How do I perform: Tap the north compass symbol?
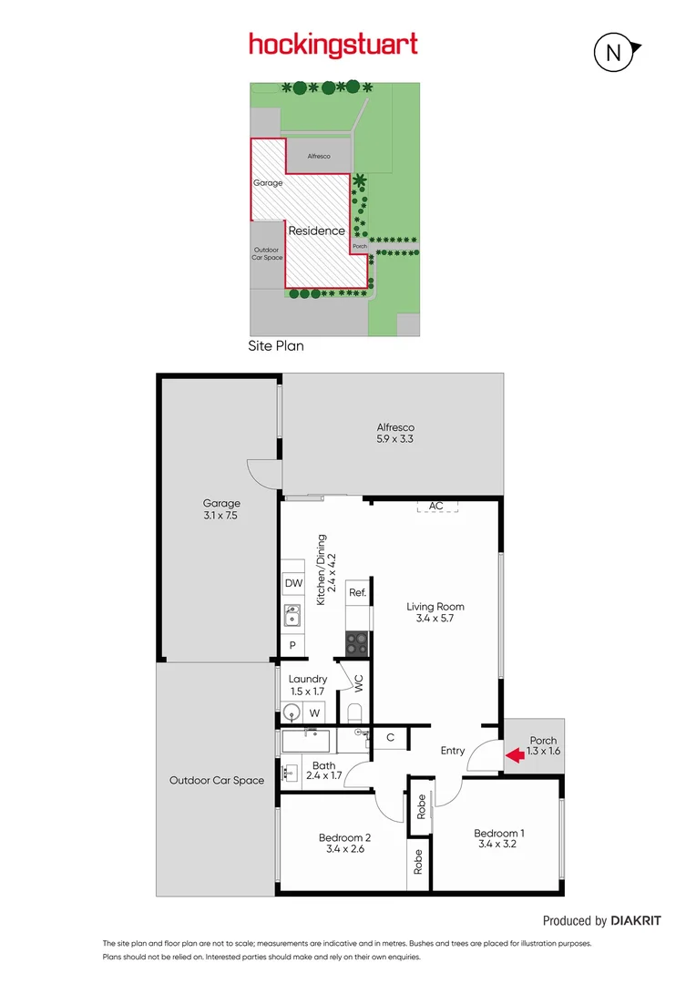point(614,53)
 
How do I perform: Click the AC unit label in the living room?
point(436,506)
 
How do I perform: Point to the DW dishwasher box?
point(293,583)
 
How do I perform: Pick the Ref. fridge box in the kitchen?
point(358,593)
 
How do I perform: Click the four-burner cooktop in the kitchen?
point(357,643)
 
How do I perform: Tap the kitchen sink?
point(292,616)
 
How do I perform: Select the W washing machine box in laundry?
point(313,712)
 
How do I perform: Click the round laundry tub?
point(292,712)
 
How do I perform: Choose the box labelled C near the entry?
point(390,737)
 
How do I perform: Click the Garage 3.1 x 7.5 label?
point(221,509)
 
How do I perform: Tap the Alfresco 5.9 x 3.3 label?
point(396,433)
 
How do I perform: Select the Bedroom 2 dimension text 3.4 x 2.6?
point(344,849)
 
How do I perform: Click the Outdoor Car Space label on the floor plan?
point(217,780)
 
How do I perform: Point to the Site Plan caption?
point(276,346)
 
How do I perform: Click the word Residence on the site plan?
point(317,231)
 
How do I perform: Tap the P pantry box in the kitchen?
point(293,645)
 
